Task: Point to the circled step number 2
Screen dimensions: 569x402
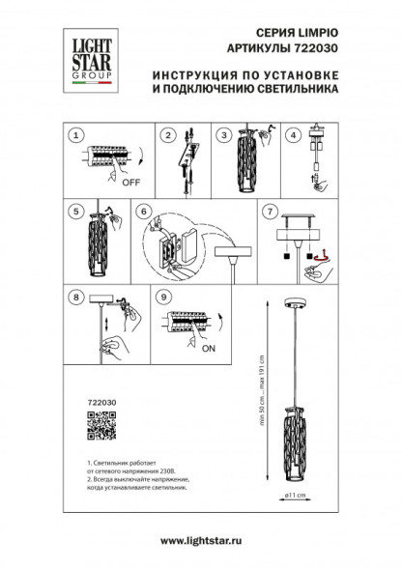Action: [x=166, y=134]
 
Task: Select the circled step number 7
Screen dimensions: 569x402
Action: [x=272, y=209]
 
